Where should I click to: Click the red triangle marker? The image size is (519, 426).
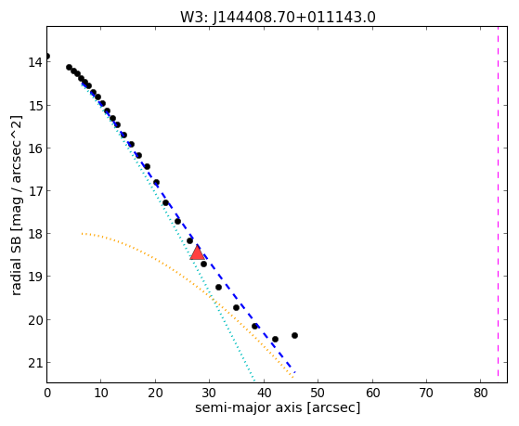click(x=197, y=252)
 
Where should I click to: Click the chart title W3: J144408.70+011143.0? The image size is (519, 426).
click(x=278, y=18)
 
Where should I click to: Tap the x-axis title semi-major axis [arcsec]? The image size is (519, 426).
click(x=278, y=407)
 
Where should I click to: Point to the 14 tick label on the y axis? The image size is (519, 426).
click(x=35, y=62)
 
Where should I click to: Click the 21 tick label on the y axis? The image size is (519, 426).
click(x=35, y=363)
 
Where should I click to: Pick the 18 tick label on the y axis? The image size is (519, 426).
click(x=35, y=234)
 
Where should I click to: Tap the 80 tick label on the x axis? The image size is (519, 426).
click(x=481, y=393)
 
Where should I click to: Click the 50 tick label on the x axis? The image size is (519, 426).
click(x=318, y=393)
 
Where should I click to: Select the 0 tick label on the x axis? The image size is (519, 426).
click(x=47, y=393)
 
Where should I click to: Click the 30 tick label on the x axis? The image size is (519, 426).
click(x=210, y=393)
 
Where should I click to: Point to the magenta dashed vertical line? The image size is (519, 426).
click(x=498, y=201)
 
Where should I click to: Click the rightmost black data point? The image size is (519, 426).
click(x=294, y=336)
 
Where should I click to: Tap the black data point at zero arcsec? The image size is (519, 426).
click(x=47, y=56)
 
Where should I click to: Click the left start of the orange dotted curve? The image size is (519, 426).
click(x=82, y=234)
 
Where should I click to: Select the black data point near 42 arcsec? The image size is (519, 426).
click(x=275, y=340)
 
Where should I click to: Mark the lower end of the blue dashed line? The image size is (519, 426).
click(x=294, y=372)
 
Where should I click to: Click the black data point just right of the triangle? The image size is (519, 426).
click(x=204, y=264)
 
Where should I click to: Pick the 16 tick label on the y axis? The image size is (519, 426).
click(x=35, y=148)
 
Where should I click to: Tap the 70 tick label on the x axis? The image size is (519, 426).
click(x=426, y=393)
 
